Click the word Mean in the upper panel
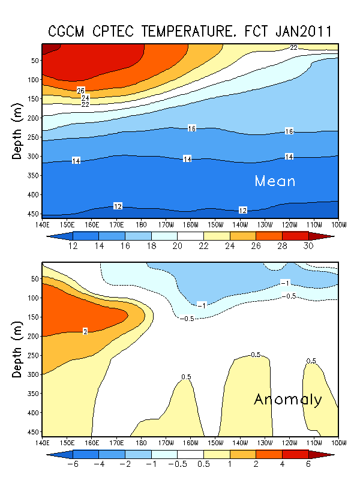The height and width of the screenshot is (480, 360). coord(275,181)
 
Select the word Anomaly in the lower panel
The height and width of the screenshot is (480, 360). coord(288,399)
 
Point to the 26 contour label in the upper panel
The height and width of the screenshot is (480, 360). coord(81,91)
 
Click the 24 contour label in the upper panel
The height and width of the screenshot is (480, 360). coord(85,98)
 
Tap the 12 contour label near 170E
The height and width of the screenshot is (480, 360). coord(118,206)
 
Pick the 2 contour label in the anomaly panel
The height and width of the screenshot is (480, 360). coord(85,331)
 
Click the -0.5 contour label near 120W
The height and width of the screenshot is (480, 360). coord(290,296)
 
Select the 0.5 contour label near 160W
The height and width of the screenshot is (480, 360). coord(186,377)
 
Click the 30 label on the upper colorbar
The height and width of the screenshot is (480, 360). coord(308,247)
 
